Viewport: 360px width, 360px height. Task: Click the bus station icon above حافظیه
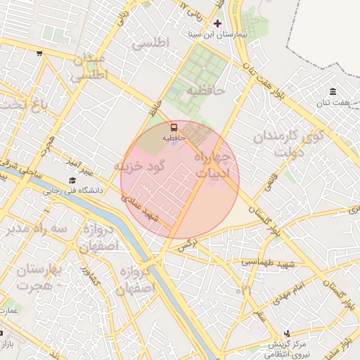pos(174,127)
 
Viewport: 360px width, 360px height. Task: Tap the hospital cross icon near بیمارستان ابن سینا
pos(217,23)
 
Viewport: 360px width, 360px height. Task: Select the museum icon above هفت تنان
pos(332,92)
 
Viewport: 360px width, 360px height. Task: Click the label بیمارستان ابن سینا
pos(217,34)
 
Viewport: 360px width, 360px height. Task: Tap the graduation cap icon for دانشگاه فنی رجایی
pos(72,181)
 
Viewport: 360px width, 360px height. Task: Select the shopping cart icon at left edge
pos(40,53)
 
